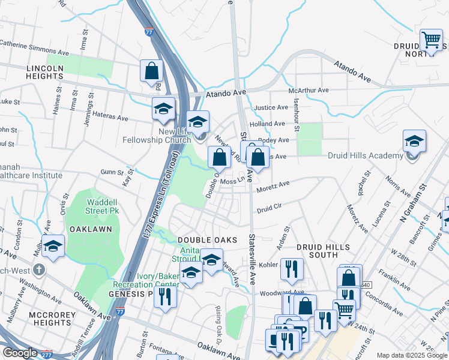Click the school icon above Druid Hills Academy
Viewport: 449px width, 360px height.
coord(414,141)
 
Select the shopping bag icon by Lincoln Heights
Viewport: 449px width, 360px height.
coord(152,70)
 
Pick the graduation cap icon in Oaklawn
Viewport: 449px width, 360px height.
coord(53,246)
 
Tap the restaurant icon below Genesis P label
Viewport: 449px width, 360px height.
coord(165,296)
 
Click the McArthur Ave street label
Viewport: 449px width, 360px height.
coord(309,90)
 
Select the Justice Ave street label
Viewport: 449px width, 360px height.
coord(268,108)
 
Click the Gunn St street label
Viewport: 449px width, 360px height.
coord(112,172)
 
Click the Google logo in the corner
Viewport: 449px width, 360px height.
coord(20,353)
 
